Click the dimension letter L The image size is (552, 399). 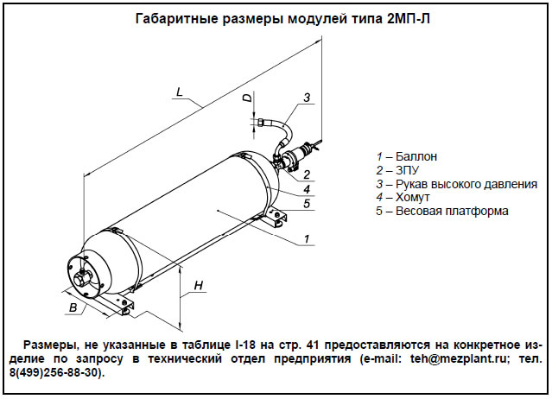[x=177, y=92]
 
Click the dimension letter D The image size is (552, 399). [x=247, y=99]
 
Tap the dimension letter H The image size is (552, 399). [x=198, y=285]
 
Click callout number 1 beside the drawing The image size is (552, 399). [x=308, y=237]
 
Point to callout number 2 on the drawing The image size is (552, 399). [x=308, y=174]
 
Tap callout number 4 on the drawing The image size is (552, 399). [x=308, y=189]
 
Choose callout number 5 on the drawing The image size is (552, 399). [x=308, y=205]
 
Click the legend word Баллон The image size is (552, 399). [x=417, y=156]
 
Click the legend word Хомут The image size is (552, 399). [x=415, y=198]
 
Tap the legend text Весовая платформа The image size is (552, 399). [x=453, y=212]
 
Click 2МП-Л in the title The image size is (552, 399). [x=402, y=19]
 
